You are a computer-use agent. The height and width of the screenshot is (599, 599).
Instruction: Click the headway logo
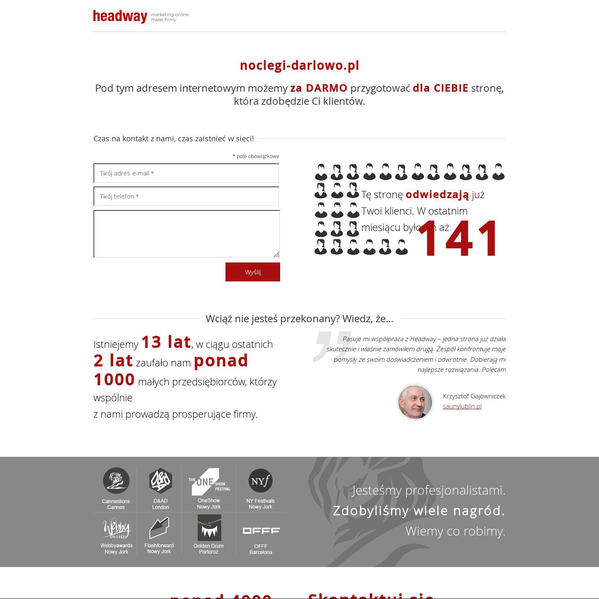pos(120,16)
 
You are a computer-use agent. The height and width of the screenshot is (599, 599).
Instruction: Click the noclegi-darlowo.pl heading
pos(299,65)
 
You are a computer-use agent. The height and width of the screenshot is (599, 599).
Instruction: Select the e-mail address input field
pos(186,173)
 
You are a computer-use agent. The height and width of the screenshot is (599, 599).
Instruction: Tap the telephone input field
pos(186,196)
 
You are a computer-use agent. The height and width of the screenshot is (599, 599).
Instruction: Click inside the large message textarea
pos(186,234)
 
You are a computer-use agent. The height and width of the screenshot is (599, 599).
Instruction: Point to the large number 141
pos(458,239)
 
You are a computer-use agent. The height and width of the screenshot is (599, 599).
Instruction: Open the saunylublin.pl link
pos(462,406)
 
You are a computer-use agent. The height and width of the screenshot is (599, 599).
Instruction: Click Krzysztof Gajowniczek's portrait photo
pos(415,402)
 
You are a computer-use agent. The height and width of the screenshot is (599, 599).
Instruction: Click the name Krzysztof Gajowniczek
pos(474,396)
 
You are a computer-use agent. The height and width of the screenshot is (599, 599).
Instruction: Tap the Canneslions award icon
pos(116,480)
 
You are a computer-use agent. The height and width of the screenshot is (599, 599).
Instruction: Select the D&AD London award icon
pos(161,480)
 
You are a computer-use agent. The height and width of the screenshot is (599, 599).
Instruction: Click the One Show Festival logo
pos(209,482)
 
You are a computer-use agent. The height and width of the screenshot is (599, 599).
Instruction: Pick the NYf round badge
pos(260,480)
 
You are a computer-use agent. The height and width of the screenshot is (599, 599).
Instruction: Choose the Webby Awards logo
pos(117,528)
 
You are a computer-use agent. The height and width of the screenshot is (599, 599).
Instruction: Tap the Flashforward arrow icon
pos(159,528)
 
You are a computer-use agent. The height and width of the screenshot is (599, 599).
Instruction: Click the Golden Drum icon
pos(209,528)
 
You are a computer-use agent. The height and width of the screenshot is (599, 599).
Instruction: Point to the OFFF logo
pos(261,531)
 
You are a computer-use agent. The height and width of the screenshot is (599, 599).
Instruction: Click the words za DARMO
pos(318,88)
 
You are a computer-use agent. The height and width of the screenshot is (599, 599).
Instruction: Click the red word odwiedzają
pos(437,194)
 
